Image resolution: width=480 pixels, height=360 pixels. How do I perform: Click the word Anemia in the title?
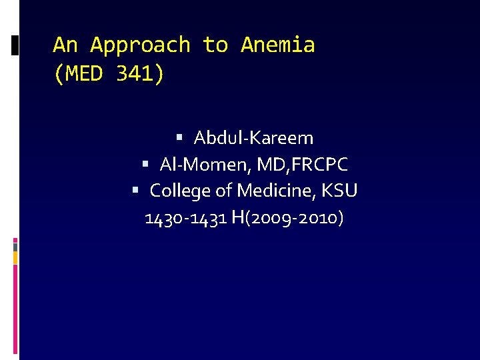click(x=277, y=45)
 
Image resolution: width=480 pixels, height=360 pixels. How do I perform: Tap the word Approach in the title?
click(x=140, y=45)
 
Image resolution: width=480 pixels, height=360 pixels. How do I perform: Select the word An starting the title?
click(x=65, y=45)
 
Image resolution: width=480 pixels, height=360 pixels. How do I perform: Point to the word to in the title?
click(x=215, y=45)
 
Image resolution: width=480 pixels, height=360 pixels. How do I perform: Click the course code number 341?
click(x=139, y=74)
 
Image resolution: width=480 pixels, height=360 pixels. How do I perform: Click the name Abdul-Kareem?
click(x=253, y=138)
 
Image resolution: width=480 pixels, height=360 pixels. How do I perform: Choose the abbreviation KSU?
click(x=339, y=191)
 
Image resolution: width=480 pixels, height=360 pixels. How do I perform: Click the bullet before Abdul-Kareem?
click(x=180, y=137)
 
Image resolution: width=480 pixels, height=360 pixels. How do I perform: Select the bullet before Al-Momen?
click(x=146, y=163)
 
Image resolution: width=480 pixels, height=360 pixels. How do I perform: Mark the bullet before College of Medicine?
click(x=135, y=190)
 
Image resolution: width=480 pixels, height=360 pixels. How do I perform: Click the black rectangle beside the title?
click(x=15, y=45)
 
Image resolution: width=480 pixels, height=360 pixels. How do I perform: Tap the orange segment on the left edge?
click(x=15, y=257)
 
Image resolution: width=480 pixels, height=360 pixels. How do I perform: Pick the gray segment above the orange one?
click(x=15, y=246)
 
